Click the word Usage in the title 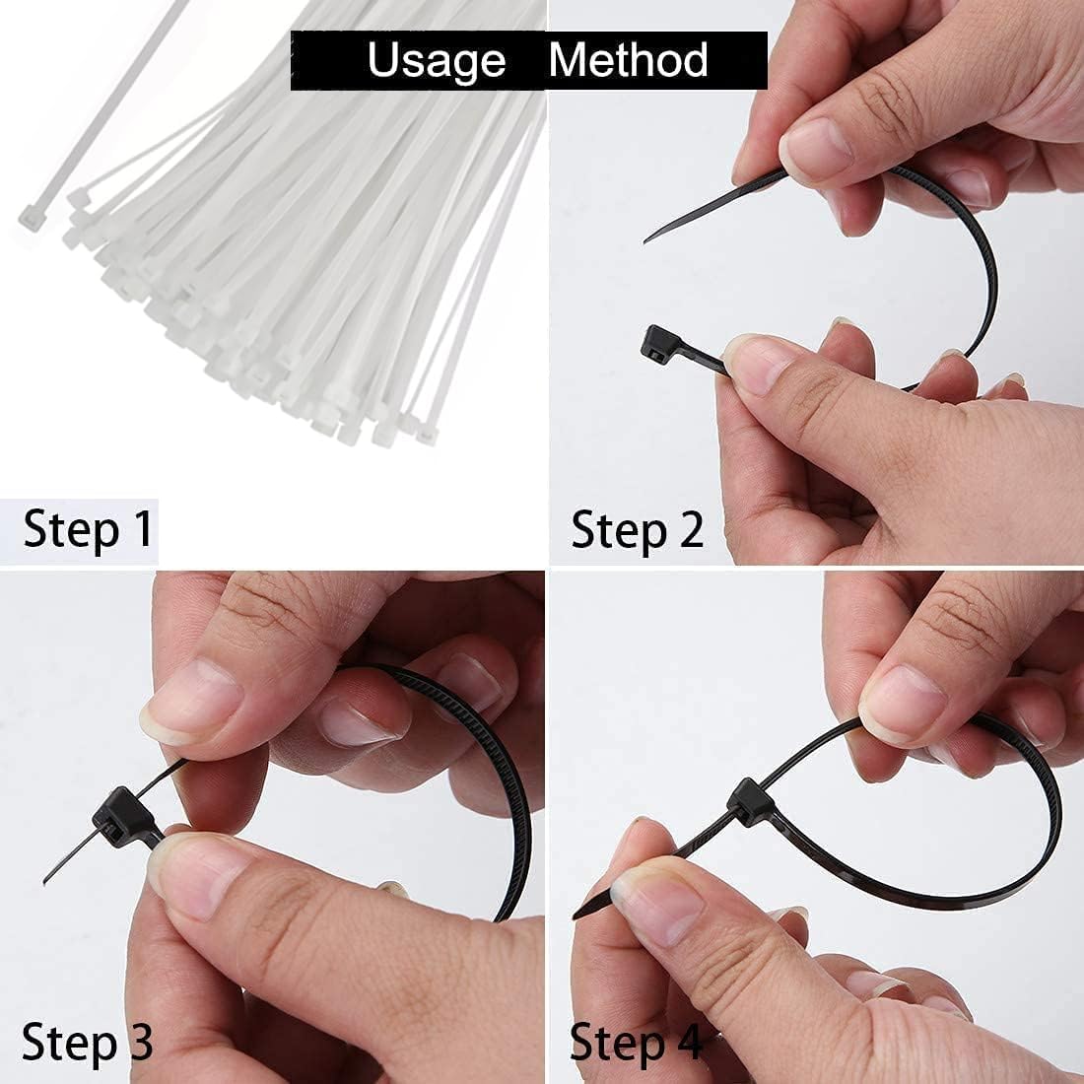(437, 61)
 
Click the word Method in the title (629, 59)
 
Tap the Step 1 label (87, 529)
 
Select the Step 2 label (637, 530)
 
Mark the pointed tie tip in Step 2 (645, 241)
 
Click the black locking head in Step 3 (123, 817)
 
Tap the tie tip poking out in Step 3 (45, 881)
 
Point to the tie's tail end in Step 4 (576, 915)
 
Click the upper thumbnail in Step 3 (191, 702)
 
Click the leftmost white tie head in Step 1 (30, 219)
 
